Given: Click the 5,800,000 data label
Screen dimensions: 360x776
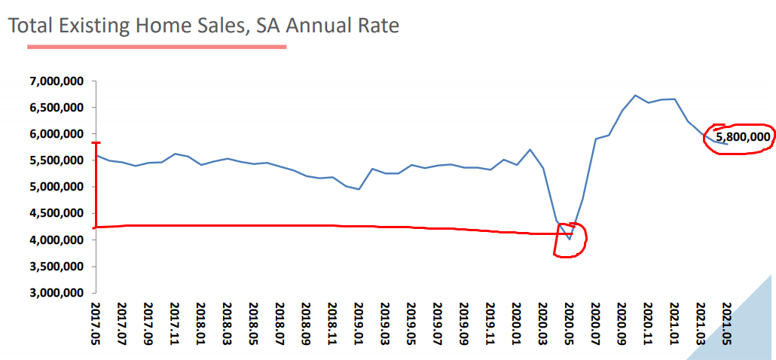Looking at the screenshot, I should click(743, 137).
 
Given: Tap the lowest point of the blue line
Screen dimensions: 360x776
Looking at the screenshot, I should click(570, 239).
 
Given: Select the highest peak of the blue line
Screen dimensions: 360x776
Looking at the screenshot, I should click(635, 96).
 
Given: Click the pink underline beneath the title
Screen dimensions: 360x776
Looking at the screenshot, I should click(157, 47).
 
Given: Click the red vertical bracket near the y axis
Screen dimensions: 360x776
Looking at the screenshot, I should click(96, 185).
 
